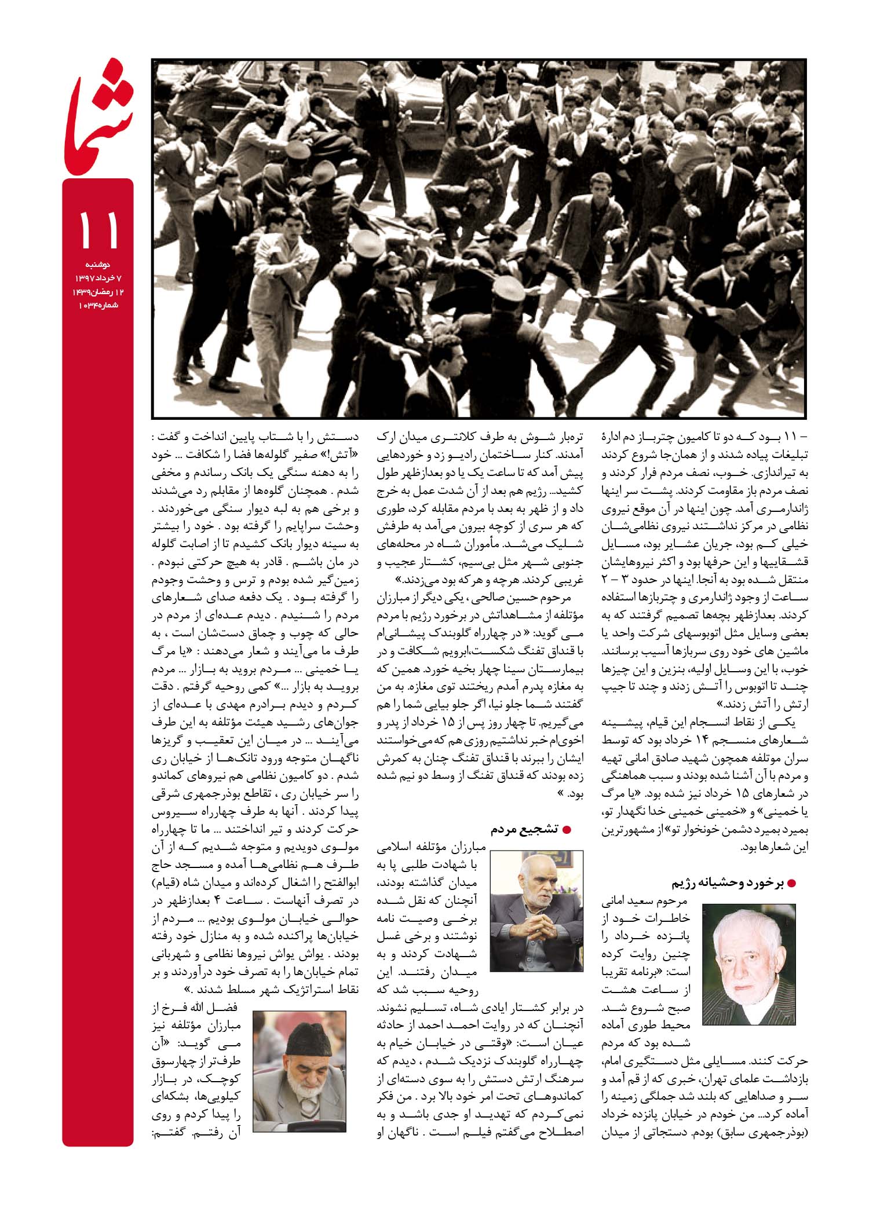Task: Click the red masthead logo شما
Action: pyautogui.click(x=98, y=116)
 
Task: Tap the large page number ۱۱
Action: pyautogui.click(x=98, y=230)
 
